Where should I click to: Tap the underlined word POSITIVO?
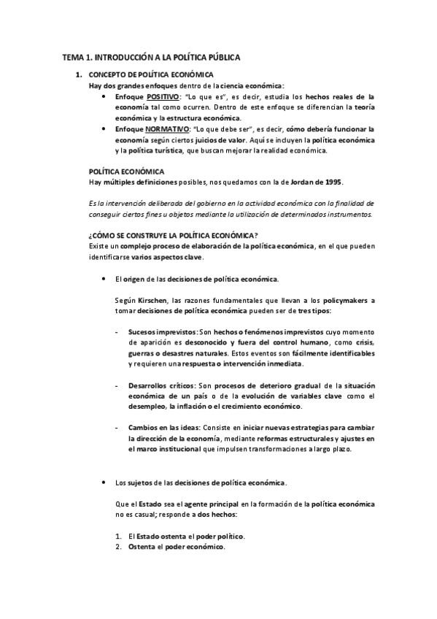tap(165, 96)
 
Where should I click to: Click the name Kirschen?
tap(152, 300)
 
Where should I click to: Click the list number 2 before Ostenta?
tap(119, 547)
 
